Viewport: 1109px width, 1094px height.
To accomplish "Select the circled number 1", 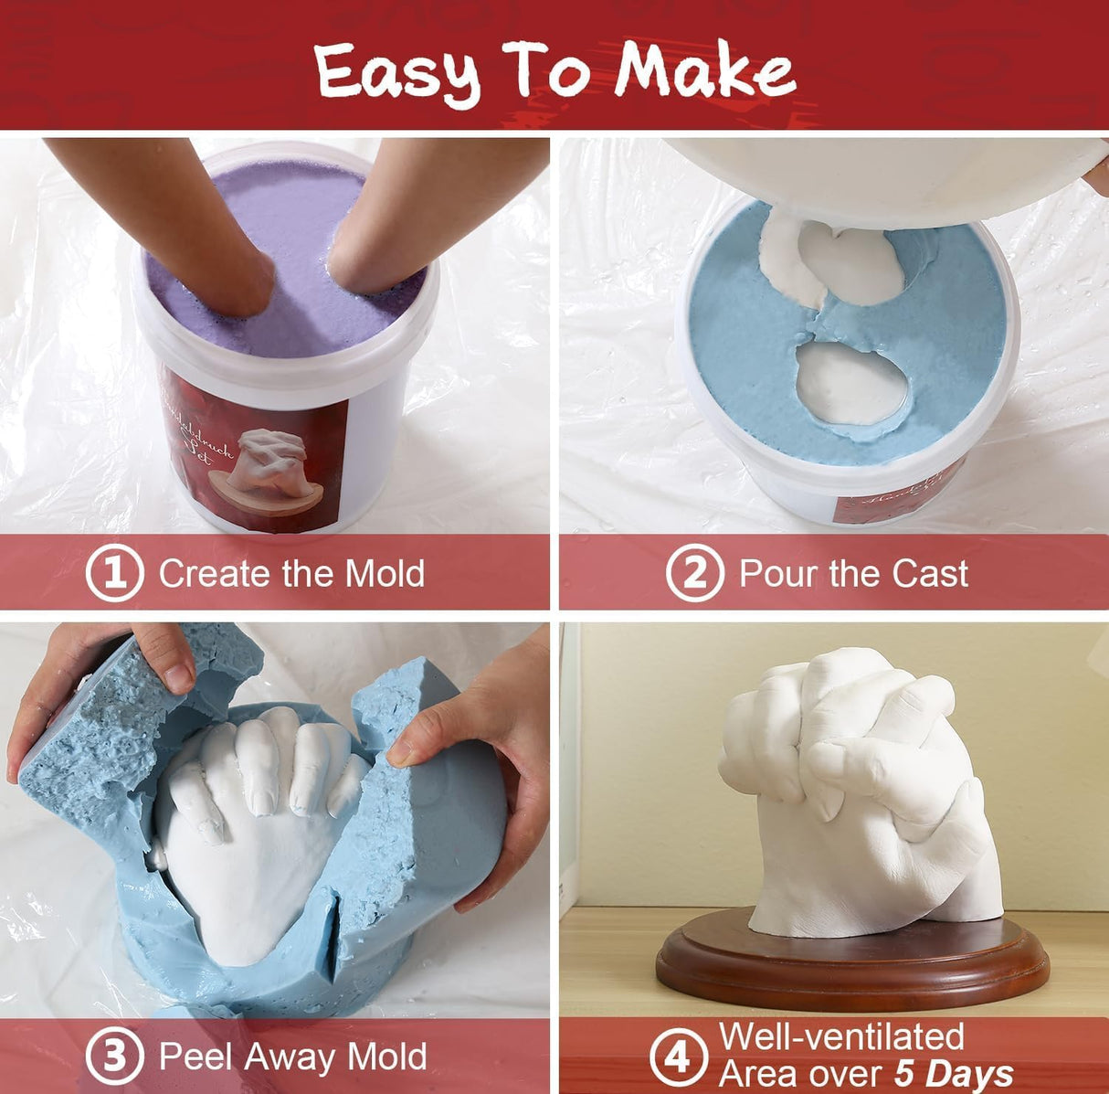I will tap(114, 573).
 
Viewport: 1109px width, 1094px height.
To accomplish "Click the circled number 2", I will tap(694, 573).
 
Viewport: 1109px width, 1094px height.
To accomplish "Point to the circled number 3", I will tap(114, 1057).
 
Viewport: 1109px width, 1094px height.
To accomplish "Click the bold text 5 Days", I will tap(953, 1074).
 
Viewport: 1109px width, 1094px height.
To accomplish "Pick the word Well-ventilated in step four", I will tap(841, 1037).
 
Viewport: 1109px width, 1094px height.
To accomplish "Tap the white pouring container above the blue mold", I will tap(877, 178).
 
